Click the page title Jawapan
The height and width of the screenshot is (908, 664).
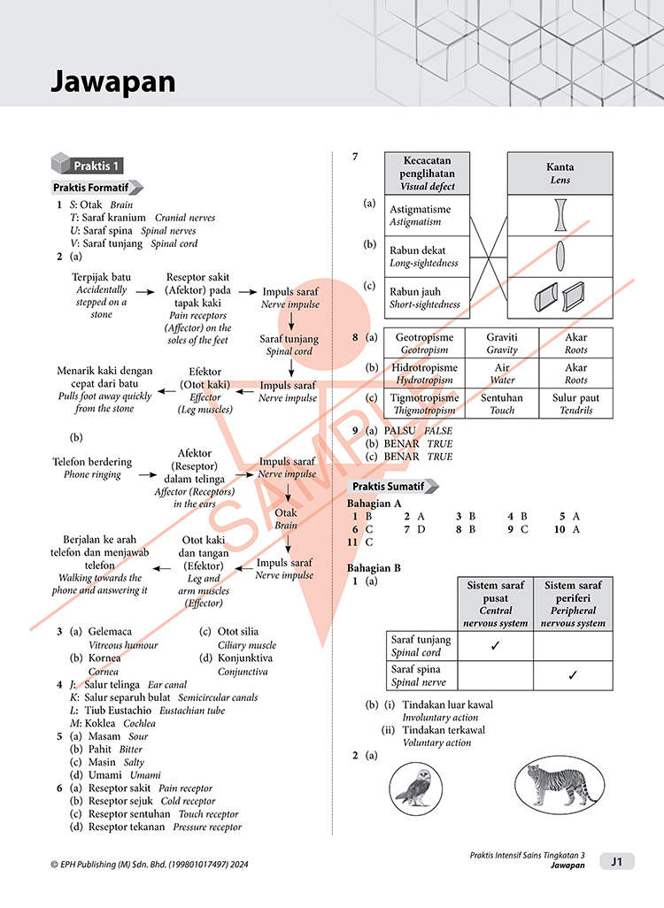(112, 82)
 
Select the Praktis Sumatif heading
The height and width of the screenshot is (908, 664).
(390, 487)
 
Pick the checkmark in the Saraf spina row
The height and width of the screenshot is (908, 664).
(573, 675)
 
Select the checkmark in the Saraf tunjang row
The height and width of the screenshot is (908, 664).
(496, 645)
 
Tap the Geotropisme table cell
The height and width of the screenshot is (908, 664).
(424, 343)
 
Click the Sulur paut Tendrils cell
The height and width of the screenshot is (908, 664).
(575, 404)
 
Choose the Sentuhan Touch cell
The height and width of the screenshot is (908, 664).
(502, 404)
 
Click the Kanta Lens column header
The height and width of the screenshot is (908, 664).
(560, 173)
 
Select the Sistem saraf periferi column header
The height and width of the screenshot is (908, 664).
(573, 604)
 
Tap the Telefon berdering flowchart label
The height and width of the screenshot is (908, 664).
(92, 461)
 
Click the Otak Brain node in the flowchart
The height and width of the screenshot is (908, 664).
(286, 518)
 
